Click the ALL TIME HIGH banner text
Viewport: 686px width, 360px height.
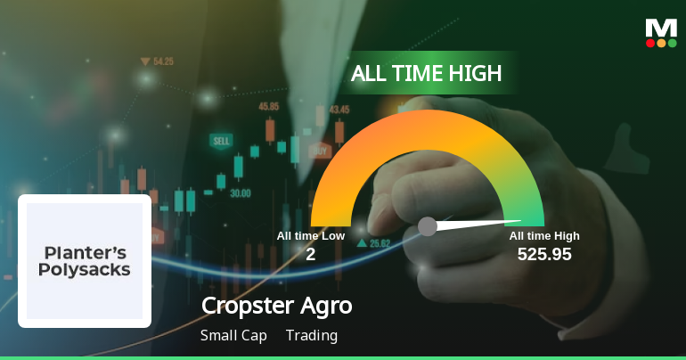click(x=426, y=73)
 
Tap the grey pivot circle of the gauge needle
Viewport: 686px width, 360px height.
click(x=428, y=226)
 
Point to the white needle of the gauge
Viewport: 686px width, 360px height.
click(x=481, y=224)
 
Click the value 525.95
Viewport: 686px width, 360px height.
click(x=544, y=255)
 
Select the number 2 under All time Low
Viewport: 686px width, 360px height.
click(x=310, y=255)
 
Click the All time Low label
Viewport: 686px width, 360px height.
click(x=310, y=236)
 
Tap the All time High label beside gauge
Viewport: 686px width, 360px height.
click(x=544, y=236)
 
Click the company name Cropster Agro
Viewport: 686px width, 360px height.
click(x=277, y=306)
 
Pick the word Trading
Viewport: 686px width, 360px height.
click(x=312, y=336)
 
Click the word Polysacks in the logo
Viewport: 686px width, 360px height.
click(x=85, y=269)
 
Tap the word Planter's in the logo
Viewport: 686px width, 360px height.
click(x=85, y=250)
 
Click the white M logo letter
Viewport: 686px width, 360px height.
click(x=661, y=29)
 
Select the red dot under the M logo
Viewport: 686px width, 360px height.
click(x=650, y=43)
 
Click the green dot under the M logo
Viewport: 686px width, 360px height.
click(x=673, y=43)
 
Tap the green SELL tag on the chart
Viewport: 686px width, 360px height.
click(x=221, y=141)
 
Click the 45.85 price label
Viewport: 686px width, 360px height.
click(x=269, y=106)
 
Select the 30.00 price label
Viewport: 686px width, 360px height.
click(x=241, y=192)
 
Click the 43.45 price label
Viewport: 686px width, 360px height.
click(x=339, y=110)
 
